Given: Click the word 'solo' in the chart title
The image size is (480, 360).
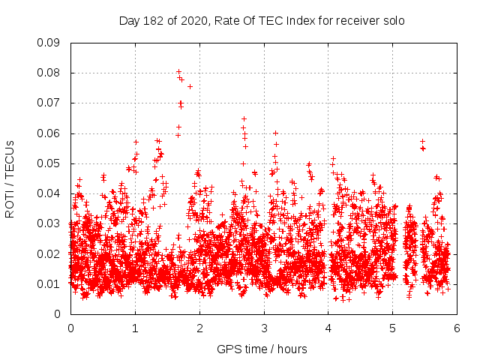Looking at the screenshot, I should point(394,21).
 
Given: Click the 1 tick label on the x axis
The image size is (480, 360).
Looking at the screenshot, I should point(135,328).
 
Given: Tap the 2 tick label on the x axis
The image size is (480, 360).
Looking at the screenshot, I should point(199,328).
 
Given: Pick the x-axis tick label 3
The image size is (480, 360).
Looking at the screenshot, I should point(264,328).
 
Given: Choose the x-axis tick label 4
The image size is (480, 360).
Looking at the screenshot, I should point(328,328).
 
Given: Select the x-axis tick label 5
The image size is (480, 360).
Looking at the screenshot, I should point(393,328).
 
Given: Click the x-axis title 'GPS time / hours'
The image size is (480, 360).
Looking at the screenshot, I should point(262,349).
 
